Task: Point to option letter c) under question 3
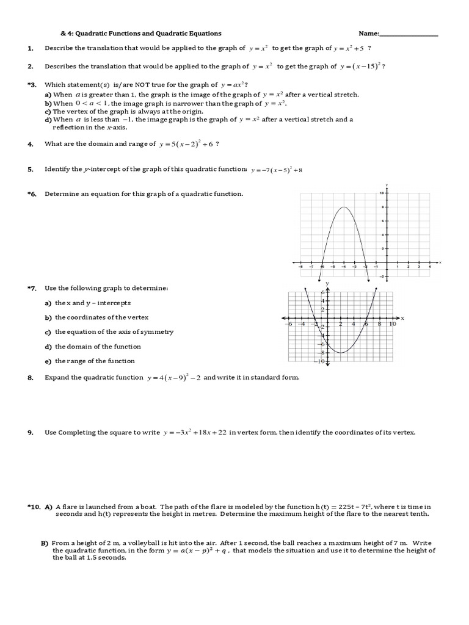48,112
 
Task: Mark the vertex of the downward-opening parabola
344,208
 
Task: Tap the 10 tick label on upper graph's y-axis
382,193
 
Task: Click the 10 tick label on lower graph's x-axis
392,324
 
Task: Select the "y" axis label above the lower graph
327,284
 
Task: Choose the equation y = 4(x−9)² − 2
173,378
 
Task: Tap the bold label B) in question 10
45,543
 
